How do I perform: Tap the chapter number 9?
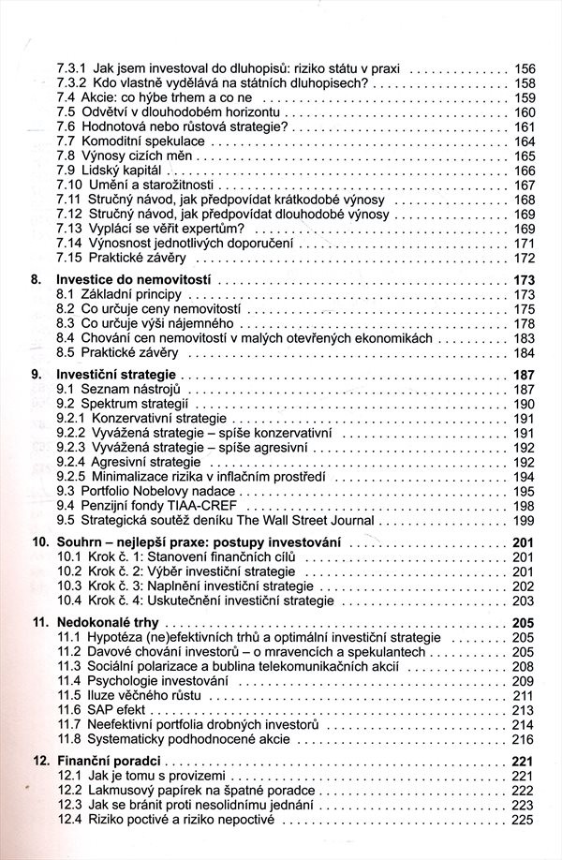point(37,374)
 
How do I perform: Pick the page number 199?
point(525,521)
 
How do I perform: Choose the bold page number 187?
point(524,374)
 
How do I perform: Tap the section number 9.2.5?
point(71,476)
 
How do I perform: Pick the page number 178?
point(525,323)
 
